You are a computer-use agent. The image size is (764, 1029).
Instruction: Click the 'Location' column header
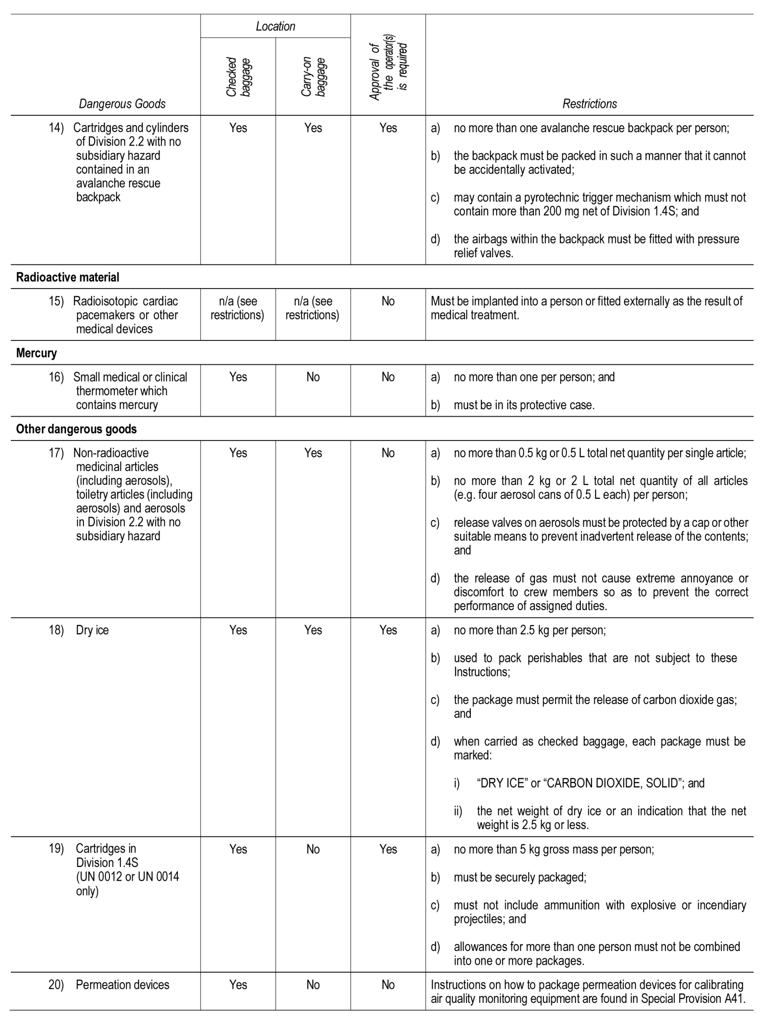pyautogui.click(x=275, y=27)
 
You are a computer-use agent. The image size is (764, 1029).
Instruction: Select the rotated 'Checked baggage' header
pyautogui.click(x=238, y=77)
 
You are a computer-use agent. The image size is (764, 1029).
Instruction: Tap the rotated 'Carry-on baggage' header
pyautogui.click(x=313, y=77)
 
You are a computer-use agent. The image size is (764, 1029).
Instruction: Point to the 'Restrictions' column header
pyautogui.click(x=589, y=104)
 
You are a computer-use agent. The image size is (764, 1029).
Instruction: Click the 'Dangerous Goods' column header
pyautogui.click(x=122, y=104)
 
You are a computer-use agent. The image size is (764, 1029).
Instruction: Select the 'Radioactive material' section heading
pyautogui.click(x=67, y=277)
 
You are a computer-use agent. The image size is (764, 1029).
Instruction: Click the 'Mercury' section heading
pyautogui.click(x=37, y=353)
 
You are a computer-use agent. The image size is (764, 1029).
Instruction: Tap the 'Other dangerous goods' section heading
pyautogui.click(x=76, y=429)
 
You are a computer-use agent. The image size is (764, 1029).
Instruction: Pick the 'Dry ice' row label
pyautogui.click(x=92, y=630)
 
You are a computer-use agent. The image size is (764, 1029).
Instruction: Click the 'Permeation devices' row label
pyautogui.click(x=123, y=984)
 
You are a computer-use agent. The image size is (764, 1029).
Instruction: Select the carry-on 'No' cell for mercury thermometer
pyautogui.click(x=313, y=377)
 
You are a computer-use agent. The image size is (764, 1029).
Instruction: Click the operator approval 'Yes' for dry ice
pyautogui.click(x=388, y=630)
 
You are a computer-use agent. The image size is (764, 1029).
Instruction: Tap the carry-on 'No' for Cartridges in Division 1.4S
pyautogui.click(x=313, y=849)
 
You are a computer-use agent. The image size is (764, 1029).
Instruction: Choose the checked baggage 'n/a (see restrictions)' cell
pyautogui.click(x=238, y=308)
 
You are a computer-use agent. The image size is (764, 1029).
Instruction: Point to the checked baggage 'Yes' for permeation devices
pyautogui.click(x=238, y=984)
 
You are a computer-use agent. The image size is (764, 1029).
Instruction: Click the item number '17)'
pyautogui.click(x=56, y=453)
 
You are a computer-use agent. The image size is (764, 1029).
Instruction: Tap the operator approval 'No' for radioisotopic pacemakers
pyautogui.click(x=388, y=301)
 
